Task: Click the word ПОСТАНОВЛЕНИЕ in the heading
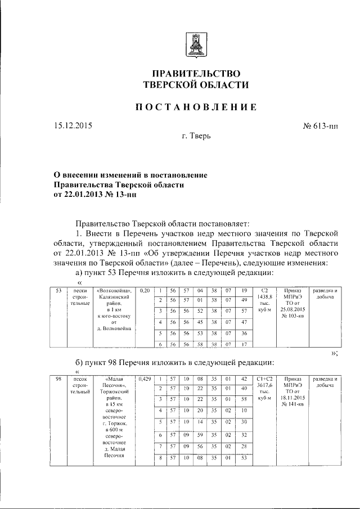(194, 107)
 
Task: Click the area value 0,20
(144, 290)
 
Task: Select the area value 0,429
(144, 380)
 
